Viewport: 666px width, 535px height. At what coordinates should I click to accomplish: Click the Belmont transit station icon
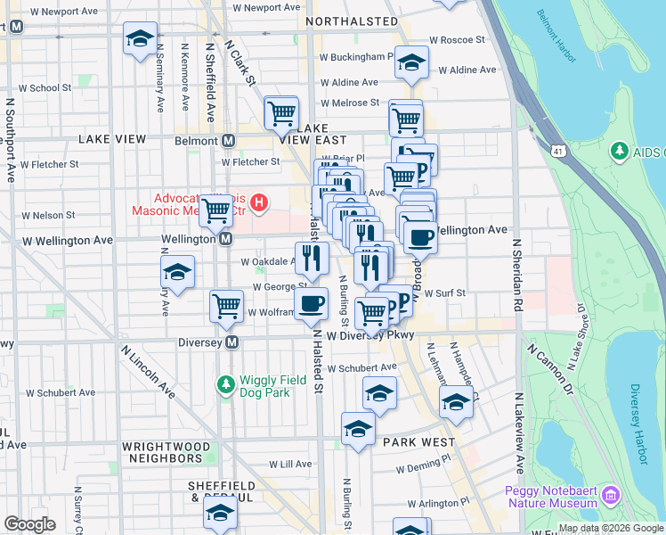pos(229,141)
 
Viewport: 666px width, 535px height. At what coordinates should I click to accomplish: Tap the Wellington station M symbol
pos(226,239)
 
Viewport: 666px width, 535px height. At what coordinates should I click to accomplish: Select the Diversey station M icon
pos(232,342)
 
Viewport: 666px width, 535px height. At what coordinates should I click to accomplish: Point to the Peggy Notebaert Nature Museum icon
pos(610,495)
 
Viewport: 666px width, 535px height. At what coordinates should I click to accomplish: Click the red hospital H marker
pos(259,203)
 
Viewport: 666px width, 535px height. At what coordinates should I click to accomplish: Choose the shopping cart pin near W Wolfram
pos(227,305)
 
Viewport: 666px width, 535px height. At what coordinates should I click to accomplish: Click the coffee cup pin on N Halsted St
pos(311,303)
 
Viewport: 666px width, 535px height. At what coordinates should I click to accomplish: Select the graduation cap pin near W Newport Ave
pos(140,38)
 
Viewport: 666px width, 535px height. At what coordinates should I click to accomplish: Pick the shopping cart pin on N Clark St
pos(281,113)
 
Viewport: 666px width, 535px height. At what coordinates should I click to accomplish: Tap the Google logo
pos(29,524)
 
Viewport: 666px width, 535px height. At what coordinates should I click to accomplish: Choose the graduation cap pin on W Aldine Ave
pos(411,62)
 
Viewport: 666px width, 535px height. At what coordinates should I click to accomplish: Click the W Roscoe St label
pos(457,40)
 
